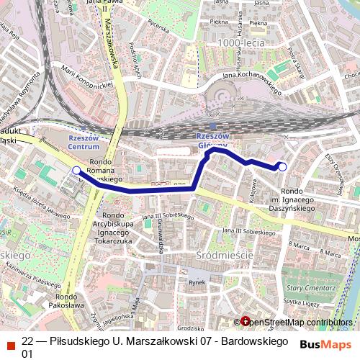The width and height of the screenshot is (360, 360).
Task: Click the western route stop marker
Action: pyautogui.click(x=76, y=170)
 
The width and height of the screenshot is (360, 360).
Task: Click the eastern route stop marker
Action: pyautogui.click(x=282, y=167)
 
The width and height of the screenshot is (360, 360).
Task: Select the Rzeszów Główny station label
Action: pyautogui.click(x=212, y=140)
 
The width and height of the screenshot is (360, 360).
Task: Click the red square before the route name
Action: pyautogui.click(x=9, y=341)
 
